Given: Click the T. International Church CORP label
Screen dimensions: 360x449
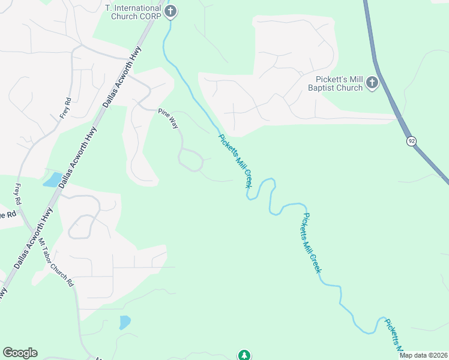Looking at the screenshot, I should click(133, 11).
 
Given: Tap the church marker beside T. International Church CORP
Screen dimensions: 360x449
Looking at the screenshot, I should click(171, 10).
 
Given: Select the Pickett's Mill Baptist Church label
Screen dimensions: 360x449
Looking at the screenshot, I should click(339, 83).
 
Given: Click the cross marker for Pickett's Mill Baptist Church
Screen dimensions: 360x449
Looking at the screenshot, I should click(372, 82).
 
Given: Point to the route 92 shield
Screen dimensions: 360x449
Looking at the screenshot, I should click(411, 141).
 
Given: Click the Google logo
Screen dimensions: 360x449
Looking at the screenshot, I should click(20, 353).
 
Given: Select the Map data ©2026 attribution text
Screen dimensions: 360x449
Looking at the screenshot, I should click(423, 355).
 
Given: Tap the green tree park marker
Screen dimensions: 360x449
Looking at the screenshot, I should click(244, 355).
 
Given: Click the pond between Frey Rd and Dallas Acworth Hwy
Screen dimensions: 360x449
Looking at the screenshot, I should click(52, 179).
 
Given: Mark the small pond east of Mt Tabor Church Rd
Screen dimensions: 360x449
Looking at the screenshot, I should click(124, 322).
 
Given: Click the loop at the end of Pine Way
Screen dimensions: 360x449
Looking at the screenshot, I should click(191, 160).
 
